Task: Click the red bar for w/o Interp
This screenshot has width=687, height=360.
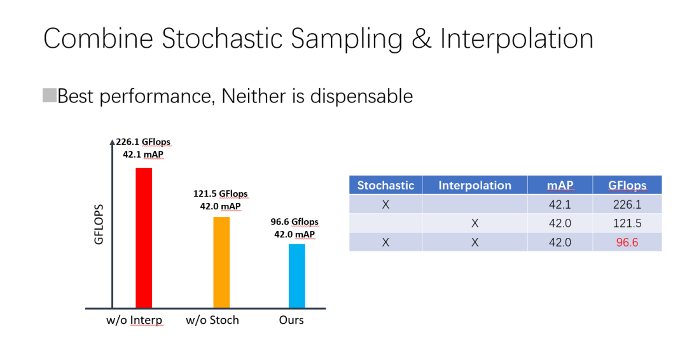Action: click(x=144, y=238)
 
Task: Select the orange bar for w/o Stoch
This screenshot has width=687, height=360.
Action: click(x=221, y=262)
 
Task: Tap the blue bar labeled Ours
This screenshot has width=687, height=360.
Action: click(x=296, y=276)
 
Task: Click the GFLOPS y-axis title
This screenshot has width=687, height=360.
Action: click(x=99, y=225)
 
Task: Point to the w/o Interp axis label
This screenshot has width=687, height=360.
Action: click(x=134, y=320)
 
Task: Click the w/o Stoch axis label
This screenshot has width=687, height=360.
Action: click(x=212, y=320)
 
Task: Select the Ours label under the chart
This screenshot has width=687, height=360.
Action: click(x=291, y=320)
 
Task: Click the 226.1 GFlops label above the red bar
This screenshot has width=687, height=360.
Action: click(x=143, y=142)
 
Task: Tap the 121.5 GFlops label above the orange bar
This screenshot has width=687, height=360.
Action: click(x=220, y=193)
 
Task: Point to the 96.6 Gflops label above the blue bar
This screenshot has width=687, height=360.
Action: click(x=295, y=221)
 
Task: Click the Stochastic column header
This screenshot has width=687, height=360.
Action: click(x=385, y=185)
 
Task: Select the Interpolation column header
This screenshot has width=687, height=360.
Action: click(x=475, y=185)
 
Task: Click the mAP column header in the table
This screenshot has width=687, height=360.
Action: click(x=560, y=185)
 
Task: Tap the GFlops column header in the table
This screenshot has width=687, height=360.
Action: click(x=627, y=185)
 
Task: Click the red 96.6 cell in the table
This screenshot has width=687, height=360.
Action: click(x=627, y=242)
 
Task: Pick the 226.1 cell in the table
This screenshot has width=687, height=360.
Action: click(x=627, y=204)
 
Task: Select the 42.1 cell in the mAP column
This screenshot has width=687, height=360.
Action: click(x=560, y=204)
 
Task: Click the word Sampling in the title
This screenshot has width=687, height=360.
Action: click(x=347, y=39)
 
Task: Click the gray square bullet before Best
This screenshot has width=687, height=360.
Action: click(x=50, y=95)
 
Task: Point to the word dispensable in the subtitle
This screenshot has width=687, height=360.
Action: click(x=361, y=96)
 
